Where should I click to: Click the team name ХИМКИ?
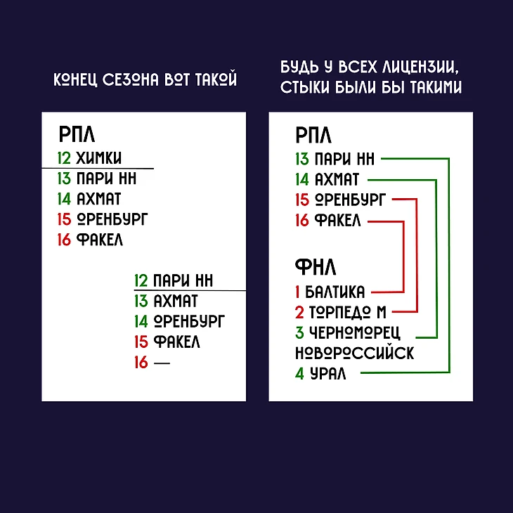point(99,158)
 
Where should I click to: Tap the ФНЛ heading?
point(316,267)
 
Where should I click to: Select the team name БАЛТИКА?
point(335,292)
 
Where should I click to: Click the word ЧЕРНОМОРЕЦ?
point(355,332)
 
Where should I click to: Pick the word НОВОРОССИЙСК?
point(355,353)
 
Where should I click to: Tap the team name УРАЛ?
point(327,373)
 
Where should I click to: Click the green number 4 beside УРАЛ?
point(299,373)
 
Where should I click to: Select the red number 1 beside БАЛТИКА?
point(297,292)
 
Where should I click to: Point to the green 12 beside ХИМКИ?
point(64,158)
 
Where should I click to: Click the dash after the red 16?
point(162,363)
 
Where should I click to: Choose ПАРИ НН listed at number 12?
point(183,280)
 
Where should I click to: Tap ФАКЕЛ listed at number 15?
point(176,342)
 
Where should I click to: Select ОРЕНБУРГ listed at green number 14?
point(190,321)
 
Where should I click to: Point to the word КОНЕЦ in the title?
point(75,79)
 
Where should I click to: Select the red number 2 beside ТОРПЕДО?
point(299,313)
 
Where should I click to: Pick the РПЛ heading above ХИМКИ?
point(77,134)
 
